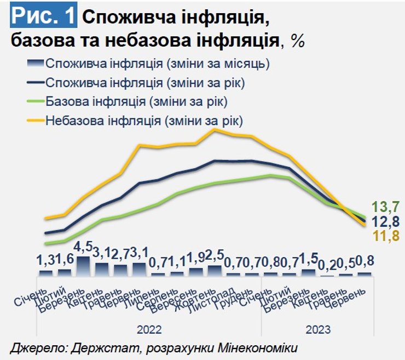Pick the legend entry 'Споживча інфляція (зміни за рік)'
tap(145, 83)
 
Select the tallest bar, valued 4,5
tap(83, 266)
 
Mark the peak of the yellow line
tap(215, 130)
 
